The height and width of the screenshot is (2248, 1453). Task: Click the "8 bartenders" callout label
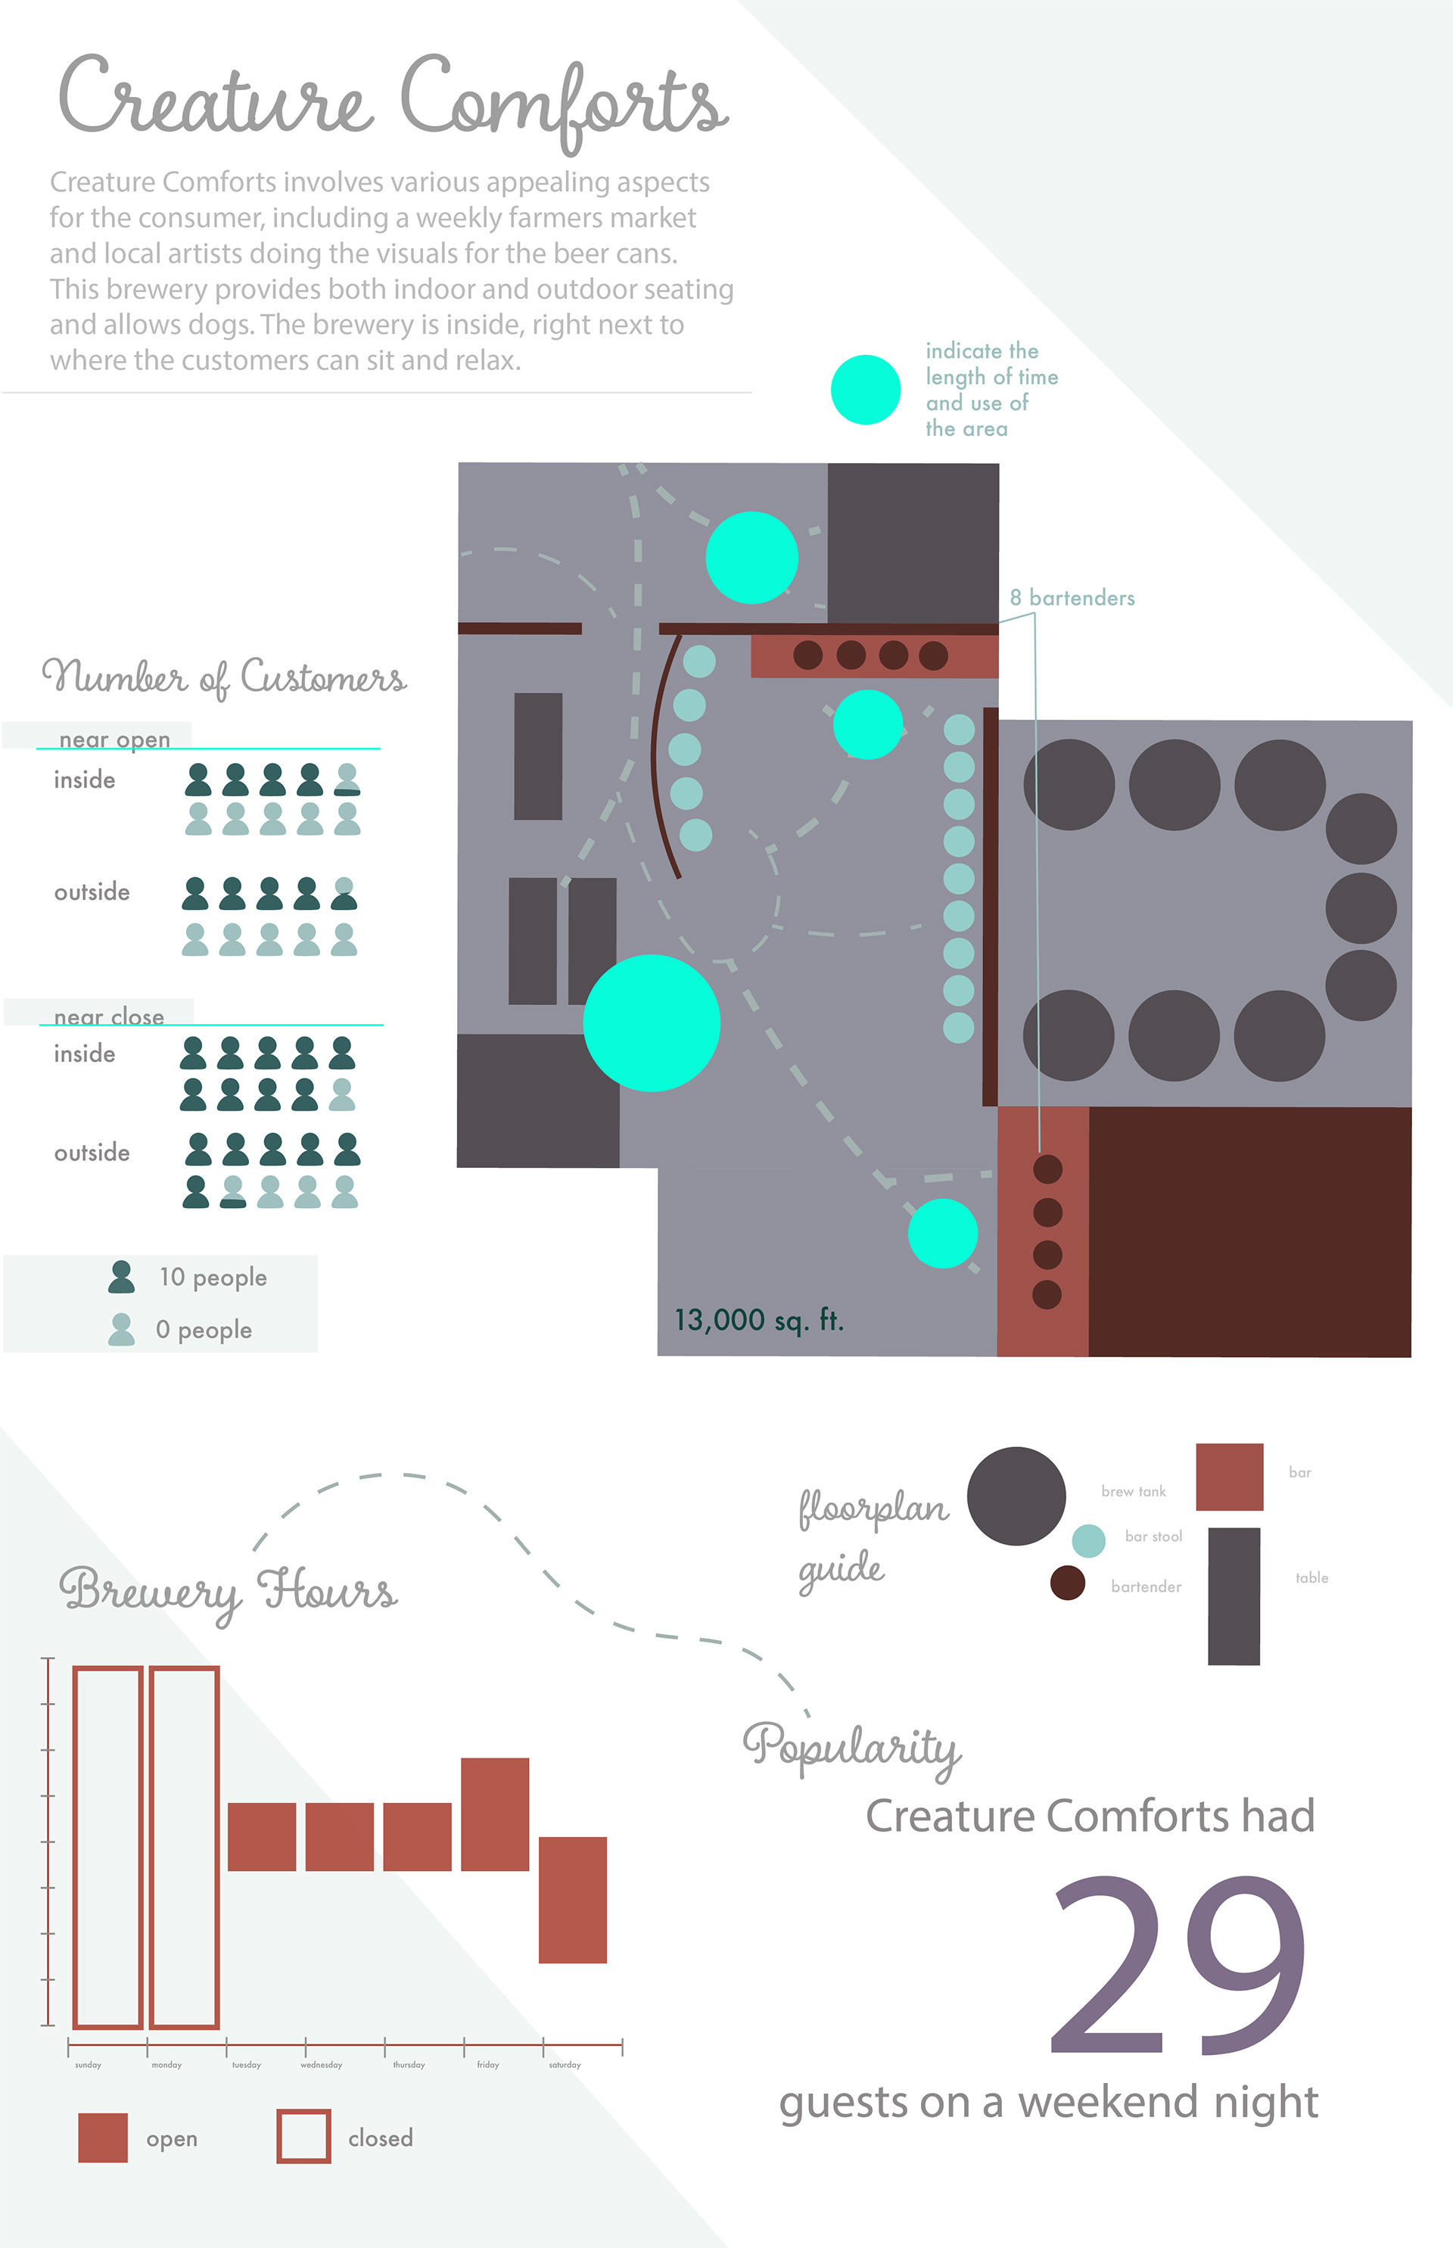click(1072, 597)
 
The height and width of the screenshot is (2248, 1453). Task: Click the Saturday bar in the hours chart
click(572, 1899)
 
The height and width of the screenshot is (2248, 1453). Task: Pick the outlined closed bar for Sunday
click(107, 1847)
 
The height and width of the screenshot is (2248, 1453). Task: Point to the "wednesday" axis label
click(321, 2064)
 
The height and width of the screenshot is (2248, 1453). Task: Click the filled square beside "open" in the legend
click(103, 2137)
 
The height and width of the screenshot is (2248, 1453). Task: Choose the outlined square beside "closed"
click(303, 2137)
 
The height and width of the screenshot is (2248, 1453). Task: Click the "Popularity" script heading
click(851, 1748)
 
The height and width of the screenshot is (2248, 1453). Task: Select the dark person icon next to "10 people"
click(121, 1277)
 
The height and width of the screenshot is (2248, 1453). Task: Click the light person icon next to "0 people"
click(121, 1329)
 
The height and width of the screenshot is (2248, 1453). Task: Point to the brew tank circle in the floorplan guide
click(1016, 1496)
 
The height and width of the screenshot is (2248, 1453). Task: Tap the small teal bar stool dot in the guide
click(1088, 1540)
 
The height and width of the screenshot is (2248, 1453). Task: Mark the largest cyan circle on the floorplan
click(651, 1023)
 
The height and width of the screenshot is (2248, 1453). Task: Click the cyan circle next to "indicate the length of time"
click(865, 390)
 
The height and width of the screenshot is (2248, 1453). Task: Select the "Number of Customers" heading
click(223, 677)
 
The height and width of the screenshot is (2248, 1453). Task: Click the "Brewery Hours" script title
click(229, 1591)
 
